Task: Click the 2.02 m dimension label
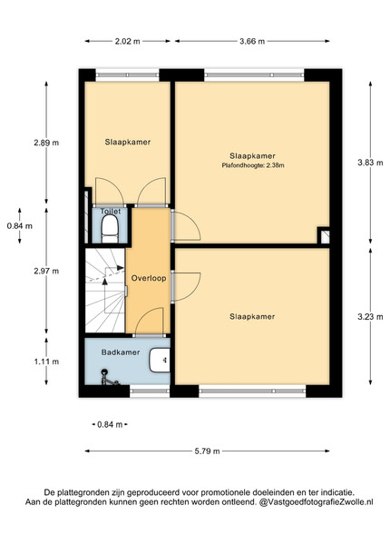click(x=127, y=42)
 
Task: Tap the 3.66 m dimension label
click(x=252, y=42)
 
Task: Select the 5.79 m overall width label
click(x=207, y=451)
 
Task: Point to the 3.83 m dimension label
click(x=371, y=163)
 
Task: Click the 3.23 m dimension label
click(x=371, y=317)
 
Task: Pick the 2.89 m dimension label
click(x=46, y=143)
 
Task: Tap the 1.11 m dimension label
click(x=46, y=362)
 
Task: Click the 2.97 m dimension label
click(x=46, y=271)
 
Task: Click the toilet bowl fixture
click(x=110, y=228)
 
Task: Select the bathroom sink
click(x=160, y=360)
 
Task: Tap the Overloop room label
click(x=149, y=279)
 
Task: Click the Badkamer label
click(x=121, y=352)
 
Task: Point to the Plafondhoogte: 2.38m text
click(x=253, y=165)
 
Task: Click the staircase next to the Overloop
click(x=105, y=290)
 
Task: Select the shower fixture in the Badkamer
click(x=109, y=378)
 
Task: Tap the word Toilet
click(x=111, y=212)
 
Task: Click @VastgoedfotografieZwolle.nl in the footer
click(x=316, y=502)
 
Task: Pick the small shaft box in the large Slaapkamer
click(x=324, y=235)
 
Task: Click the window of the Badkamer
click(x=150, y=391)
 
